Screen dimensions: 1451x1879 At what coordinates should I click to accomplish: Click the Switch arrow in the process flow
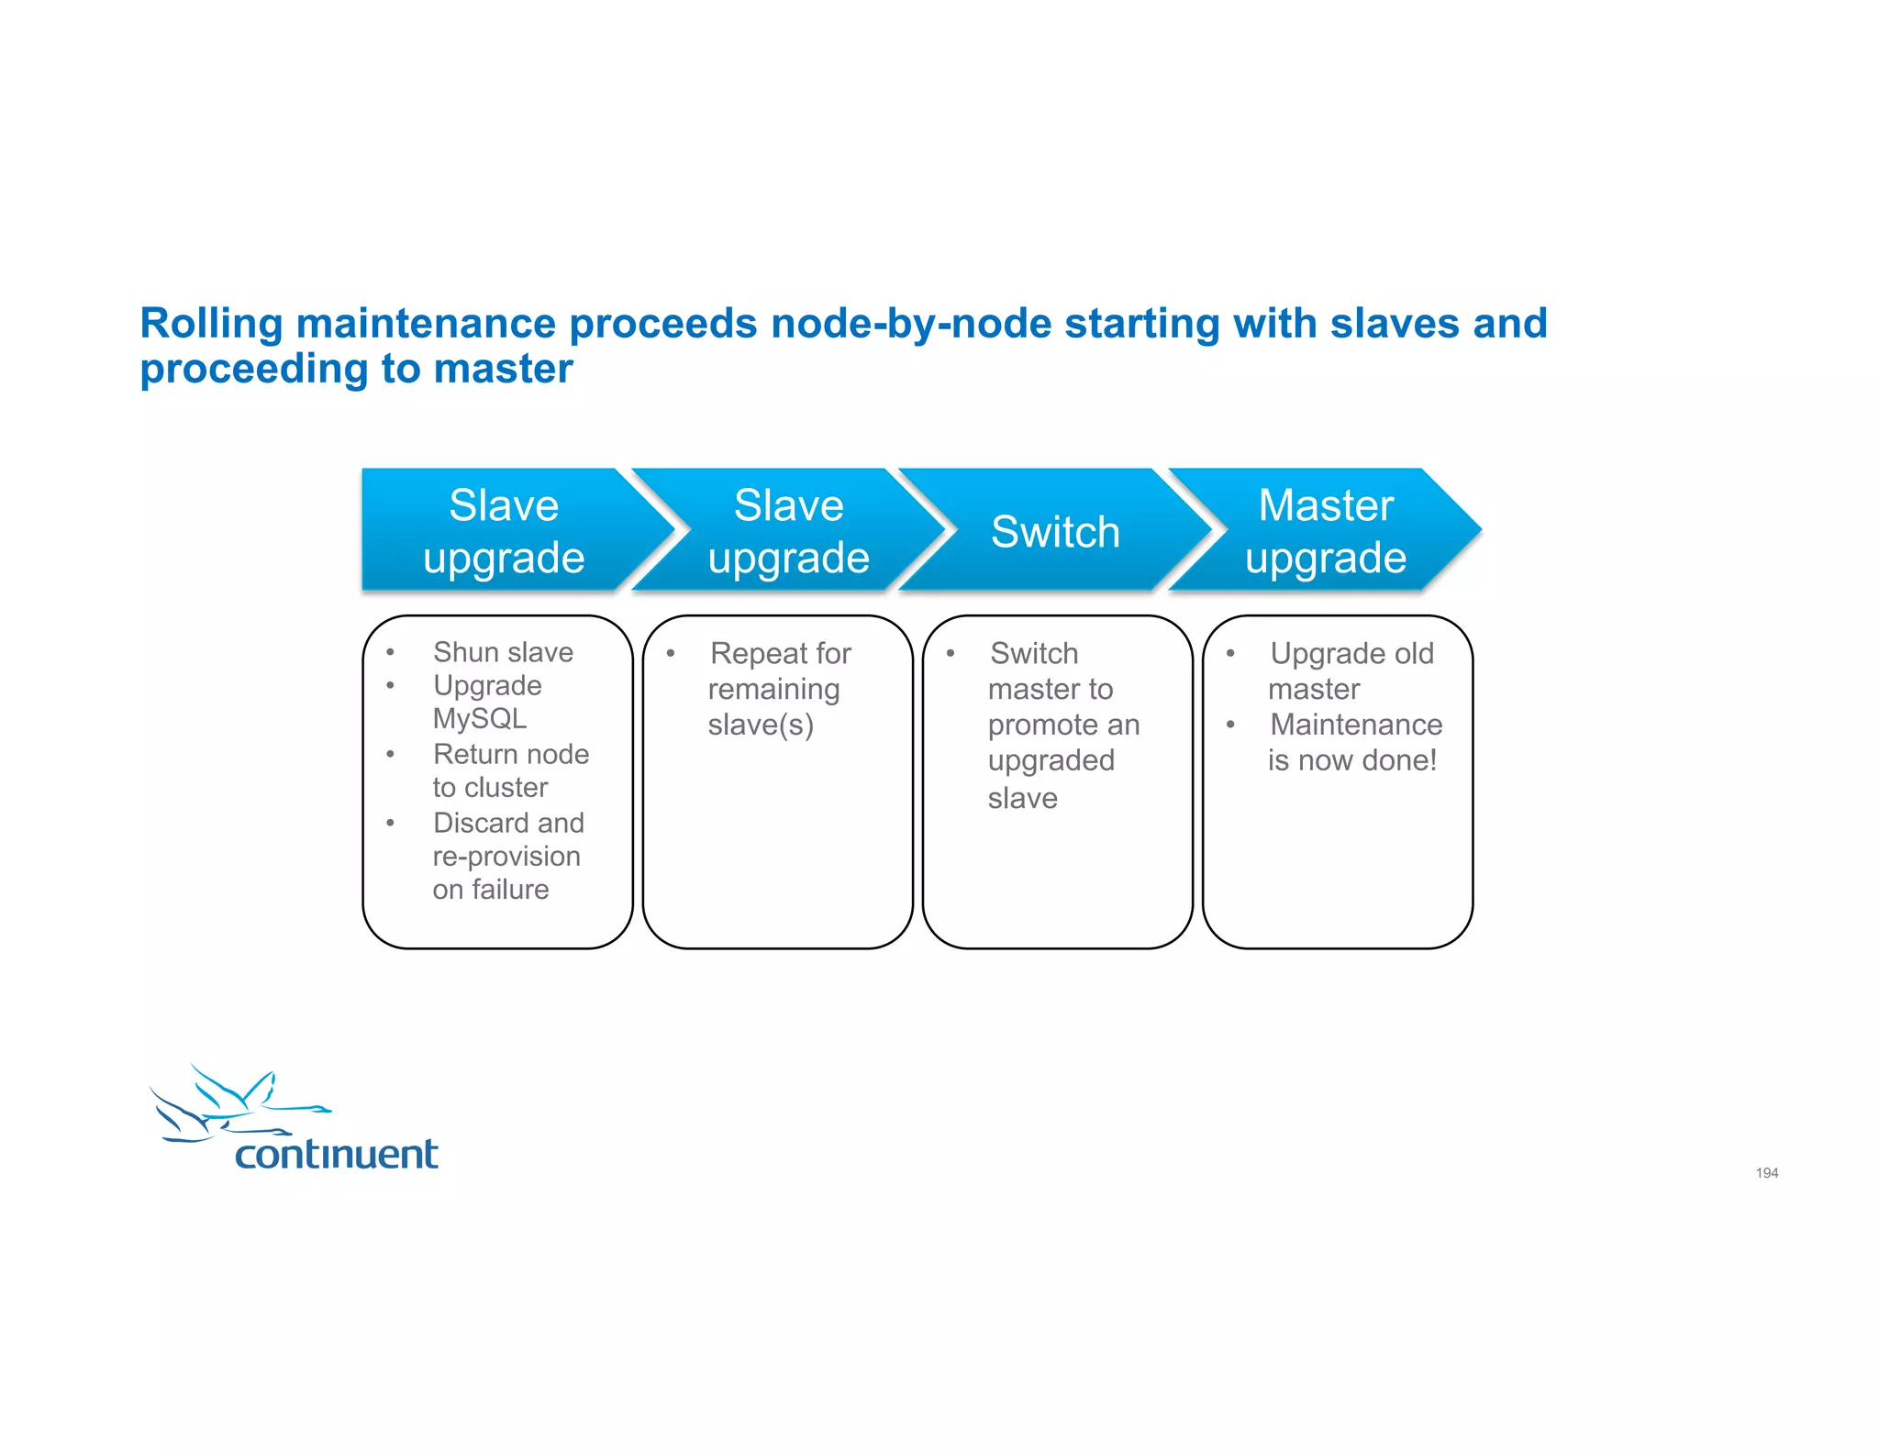tap(1055, 532)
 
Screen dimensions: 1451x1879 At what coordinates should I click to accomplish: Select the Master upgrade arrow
tap(1325, 531)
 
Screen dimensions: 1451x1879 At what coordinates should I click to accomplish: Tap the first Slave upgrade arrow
tap(504, 531)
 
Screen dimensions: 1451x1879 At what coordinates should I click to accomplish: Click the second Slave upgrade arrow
tap(788, 531)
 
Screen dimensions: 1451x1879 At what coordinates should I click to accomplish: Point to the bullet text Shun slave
tap(503, 652)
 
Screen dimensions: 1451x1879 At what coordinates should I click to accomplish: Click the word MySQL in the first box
tap(480, 718)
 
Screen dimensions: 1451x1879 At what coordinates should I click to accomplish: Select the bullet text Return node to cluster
tap(510, 770)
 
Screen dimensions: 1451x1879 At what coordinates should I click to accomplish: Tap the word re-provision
tap(506, 856)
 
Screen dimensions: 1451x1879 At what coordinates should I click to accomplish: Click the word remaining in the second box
tap(773, 689)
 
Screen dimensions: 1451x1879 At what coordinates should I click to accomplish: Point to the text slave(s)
tap(761, 725)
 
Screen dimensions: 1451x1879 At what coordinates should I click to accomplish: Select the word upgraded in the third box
tap(1051, 760)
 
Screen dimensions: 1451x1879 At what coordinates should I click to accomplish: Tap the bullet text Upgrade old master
tap(1351, 670)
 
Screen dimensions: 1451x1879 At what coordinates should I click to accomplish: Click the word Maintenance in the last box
tap(1356, 725)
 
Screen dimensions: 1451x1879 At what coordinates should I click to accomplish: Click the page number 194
tap(1766, 1173)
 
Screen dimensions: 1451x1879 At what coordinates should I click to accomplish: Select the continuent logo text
tap(336, 1154)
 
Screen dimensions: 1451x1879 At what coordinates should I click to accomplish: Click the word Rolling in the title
tap(212, 324)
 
